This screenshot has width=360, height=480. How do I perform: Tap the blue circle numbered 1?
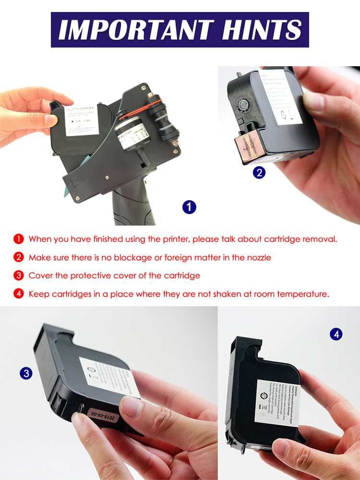[190, 207]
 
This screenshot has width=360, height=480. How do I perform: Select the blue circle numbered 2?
[259, 172]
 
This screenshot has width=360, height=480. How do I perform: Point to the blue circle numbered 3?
[25, 373]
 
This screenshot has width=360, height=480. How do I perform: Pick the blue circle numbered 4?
[336, 334]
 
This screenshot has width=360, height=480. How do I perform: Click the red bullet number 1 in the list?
[19, 239]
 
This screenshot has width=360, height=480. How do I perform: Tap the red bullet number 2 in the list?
[19, 257]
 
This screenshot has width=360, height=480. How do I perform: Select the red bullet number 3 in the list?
[19, 276]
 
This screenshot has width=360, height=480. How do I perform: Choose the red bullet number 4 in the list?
[19, 294]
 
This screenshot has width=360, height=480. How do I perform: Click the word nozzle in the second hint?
[258, 258]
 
